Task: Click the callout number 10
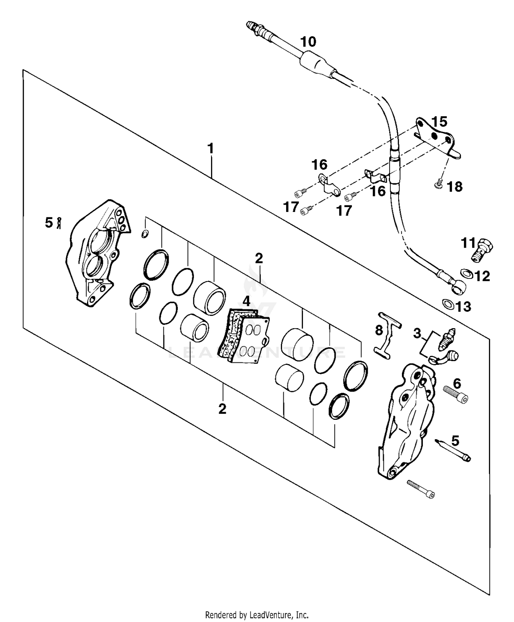pos(308,42)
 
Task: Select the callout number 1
pos(210,149)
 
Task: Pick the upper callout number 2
pos(259,258)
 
